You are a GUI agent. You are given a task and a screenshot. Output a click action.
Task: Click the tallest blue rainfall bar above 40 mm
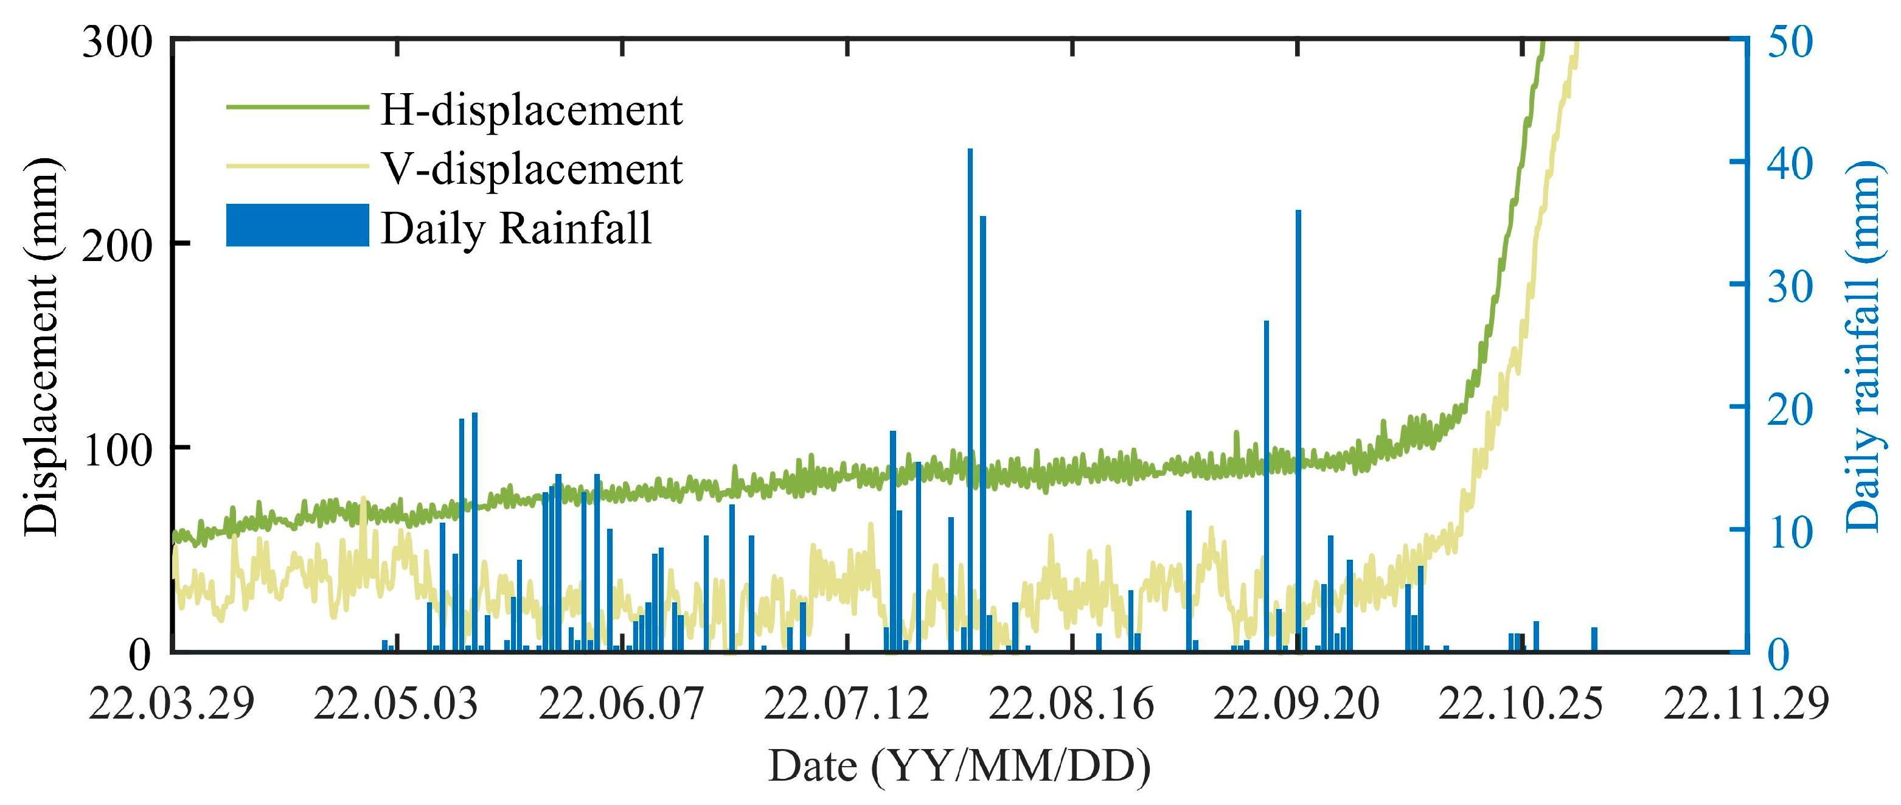(970, 399)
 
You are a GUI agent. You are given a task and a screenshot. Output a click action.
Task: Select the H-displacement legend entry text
(531, 111)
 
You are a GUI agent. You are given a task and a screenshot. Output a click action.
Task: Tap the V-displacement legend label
(531, 169)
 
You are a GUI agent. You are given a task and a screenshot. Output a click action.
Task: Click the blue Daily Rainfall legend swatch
(297, 226)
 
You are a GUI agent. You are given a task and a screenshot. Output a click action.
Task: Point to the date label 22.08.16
(1071, 703)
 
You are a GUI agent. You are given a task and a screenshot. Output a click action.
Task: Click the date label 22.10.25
(1521, 703)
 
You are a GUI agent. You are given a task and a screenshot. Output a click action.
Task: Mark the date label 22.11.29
(1746, 703)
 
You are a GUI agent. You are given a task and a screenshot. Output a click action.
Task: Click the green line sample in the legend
(297, 108)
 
